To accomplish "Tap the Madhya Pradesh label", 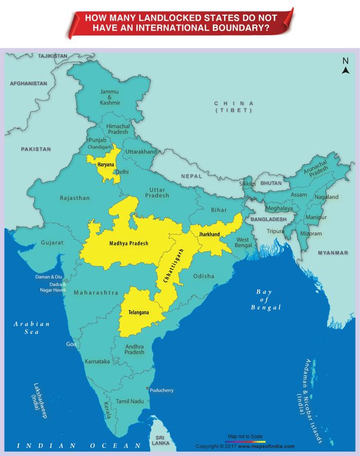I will coord(129,244).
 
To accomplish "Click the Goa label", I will coord(72,345).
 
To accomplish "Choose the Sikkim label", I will coord(247,184).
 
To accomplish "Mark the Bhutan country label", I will coord(271,183).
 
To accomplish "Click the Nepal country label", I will coord(192,177).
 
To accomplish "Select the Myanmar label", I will coord(332,253).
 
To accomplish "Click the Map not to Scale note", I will coord(246,436).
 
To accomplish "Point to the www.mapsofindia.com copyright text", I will coord(266,446).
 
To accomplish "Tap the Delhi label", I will coord(121,171).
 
